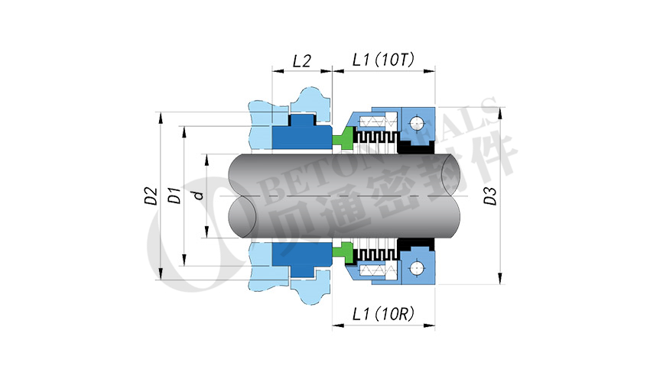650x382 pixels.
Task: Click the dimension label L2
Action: [302, 61]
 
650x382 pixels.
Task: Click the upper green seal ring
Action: [343, 138]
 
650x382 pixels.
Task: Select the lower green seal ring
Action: [343, 251]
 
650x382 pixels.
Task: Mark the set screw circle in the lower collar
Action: [415, 267]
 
